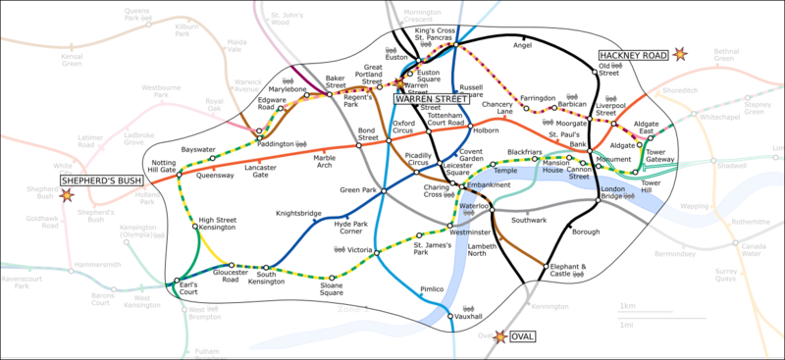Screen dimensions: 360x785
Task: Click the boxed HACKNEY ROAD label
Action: [633, 57]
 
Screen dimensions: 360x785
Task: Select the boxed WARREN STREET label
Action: [430, 98]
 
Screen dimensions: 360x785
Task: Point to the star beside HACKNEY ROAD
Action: [679, 57]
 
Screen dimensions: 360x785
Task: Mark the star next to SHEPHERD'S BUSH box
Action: [67, 194]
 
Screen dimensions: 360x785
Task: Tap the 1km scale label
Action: [627, 307]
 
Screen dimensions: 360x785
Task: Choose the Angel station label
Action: [522, 45]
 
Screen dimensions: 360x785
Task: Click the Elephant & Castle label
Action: [568, 270]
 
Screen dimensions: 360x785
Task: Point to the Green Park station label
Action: [350, 190]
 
